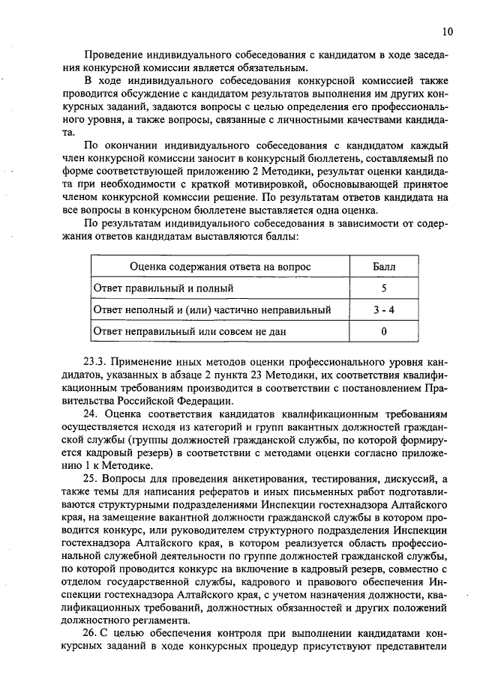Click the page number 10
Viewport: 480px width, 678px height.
tap(447, 31)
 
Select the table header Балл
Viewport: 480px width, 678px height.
tap(383, 267)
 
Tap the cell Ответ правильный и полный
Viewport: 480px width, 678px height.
tap(163, 288)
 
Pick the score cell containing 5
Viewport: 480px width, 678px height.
tap(383, 288)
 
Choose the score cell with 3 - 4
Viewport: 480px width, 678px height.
tap(383, 309)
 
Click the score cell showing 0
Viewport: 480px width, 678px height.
tap(383, 330)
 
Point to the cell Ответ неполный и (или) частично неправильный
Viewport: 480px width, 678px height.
tap(211, 309)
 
